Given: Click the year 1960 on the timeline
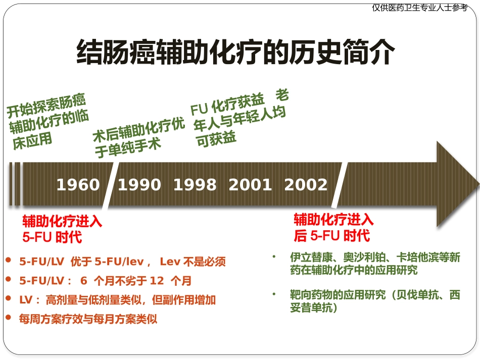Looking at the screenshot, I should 78,185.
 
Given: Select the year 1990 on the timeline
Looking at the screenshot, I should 139,185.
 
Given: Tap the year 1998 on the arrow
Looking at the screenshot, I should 195,185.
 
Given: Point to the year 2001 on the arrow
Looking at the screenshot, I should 250,185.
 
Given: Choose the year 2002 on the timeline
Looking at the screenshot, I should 306,185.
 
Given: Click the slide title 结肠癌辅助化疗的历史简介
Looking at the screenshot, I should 235,52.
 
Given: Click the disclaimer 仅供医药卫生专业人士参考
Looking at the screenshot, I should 419,8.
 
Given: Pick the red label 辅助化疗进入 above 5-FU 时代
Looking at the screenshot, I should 62,222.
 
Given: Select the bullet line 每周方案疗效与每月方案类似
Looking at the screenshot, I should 88,319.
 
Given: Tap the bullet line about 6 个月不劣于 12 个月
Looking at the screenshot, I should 105,281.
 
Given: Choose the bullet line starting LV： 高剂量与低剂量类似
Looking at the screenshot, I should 117,300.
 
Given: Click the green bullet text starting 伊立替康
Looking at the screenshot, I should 375,264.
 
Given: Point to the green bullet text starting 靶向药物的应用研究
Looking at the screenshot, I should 375,301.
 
